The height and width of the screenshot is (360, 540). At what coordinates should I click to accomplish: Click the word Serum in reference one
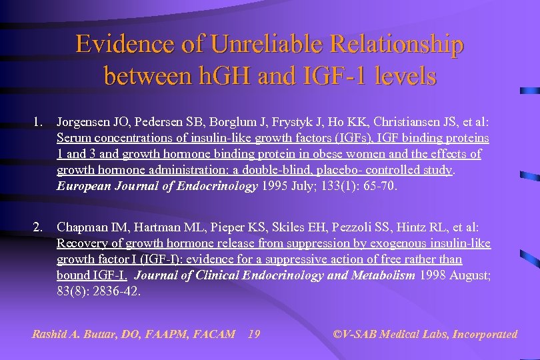tap(73, 139)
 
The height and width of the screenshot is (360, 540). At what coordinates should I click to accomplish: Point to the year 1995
tap(275, 186)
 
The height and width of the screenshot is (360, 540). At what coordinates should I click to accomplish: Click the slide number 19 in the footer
tap(253, 334)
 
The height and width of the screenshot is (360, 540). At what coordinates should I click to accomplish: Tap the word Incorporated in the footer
tap(485, 334)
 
